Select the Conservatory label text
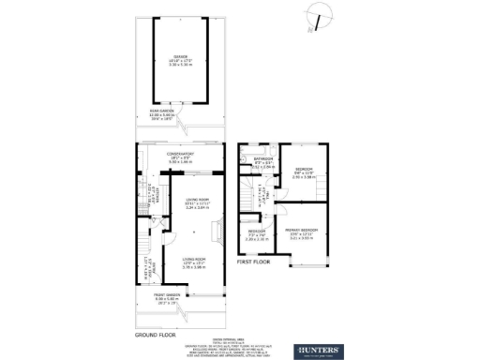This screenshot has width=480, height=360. (x=179, y=154)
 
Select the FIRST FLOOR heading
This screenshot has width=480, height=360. (x=253, y=262)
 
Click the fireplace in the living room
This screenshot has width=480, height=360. (x=217, y=229)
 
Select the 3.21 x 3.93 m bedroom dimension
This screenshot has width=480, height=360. (x=302, y=239)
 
